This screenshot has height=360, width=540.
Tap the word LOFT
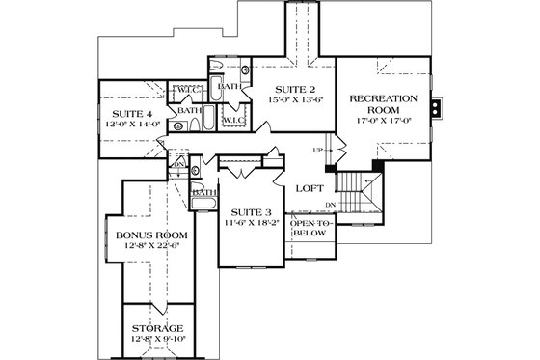309,189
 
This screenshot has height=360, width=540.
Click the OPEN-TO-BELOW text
310,228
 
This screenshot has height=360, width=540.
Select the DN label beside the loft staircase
331,205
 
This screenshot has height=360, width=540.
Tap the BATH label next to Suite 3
203,192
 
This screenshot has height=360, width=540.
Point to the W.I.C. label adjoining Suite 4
186,92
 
